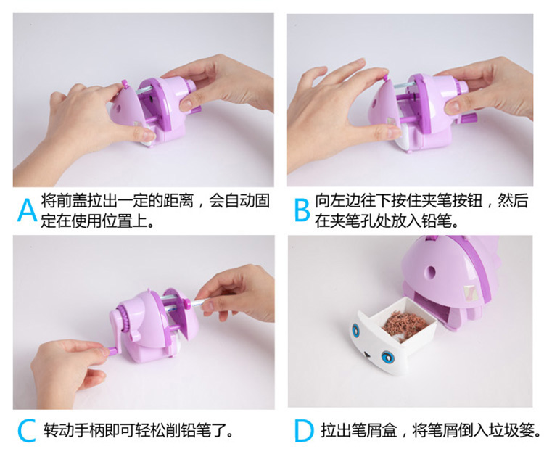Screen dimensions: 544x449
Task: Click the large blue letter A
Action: pyautogui.click(x=27, y=210)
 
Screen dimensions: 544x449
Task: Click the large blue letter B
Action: pyautogui.click(x=302, y=210)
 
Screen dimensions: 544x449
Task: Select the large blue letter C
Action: pyautogui.click(x=27, y=430)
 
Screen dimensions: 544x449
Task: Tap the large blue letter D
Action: pyautogui.click(x=304, y=431)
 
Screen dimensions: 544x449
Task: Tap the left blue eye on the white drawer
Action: pyautogui.click(x=356, y=329)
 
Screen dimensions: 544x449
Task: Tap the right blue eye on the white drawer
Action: pyautogui.click(x=387, y=357)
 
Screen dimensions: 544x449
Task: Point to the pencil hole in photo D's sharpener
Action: pyautogui.click(x=432, y=271)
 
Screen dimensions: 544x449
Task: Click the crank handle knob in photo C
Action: pyautogui.click(x=110, y=352)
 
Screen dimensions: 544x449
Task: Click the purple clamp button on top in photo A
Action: pyautogui.click(x=125, y=84)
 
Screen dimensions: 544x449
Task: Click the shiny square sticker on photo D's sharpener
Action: pyautogui.click(x=471, y=294)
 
